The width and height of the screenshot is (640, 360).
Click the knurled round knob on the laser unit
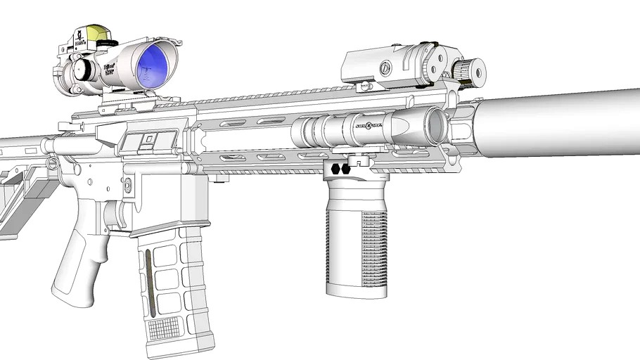point(469,71)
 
